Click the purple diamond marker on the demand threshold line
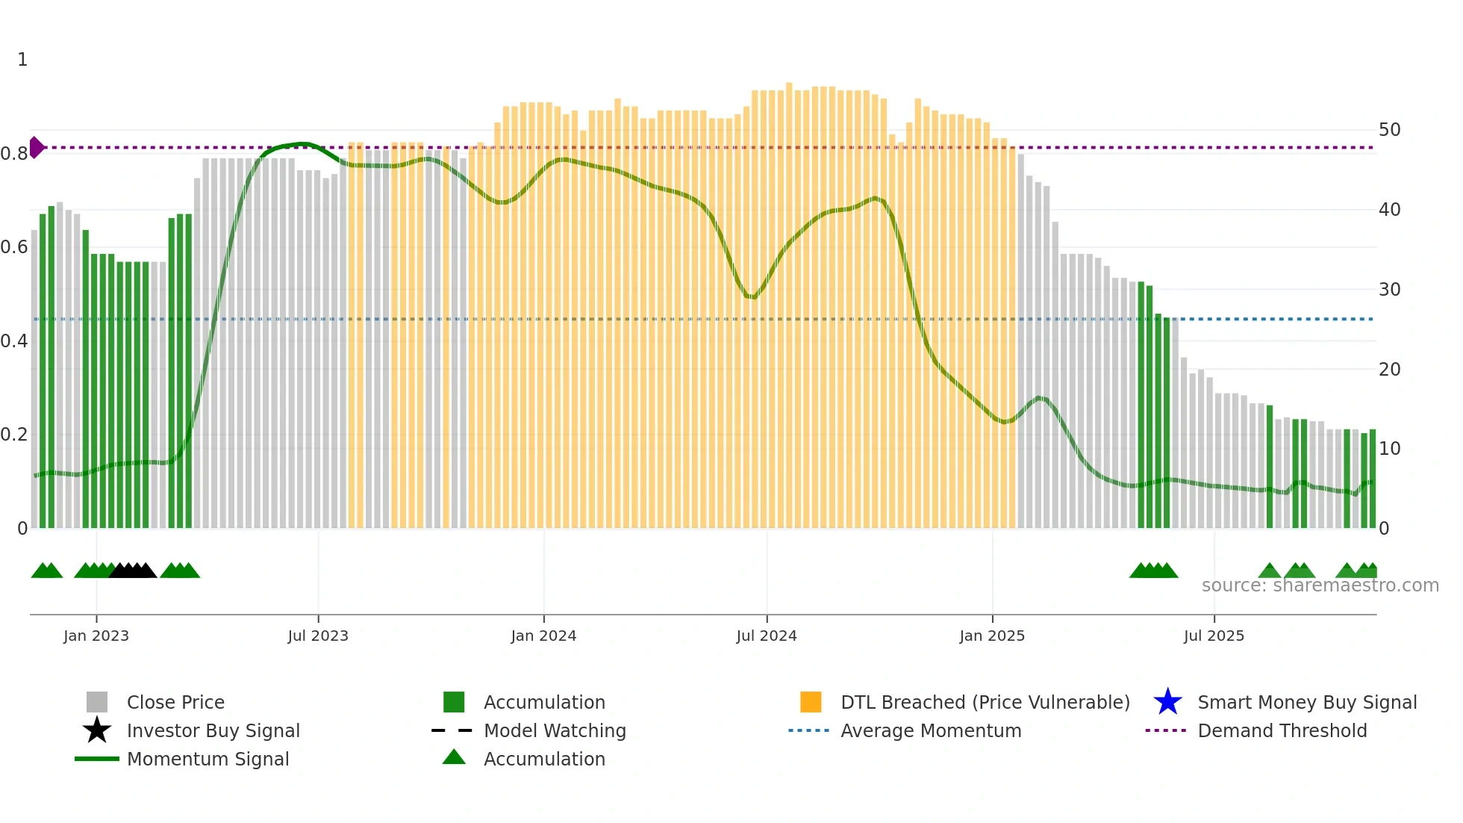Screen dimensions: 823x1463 point(36,147)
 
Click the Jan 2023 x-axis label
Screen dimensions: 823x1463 point(96,636)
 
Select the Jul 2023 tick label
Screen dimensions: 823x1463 point(318,636)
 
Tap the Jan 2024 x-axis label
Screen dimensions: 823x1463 point(543,636)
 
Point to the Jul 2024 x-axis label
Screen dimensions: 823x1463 point(767,636)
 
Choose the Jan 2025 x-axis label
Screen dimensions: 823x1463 point(992,636)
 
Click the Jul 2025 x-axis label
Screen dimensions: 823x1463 point(1214,636)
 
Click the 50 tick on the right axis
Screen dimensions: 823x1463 point(1389,130)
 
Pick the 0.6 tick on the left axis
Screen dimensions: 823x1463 point(14,247)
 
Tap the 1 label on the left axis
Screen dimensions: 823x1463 point(22,60)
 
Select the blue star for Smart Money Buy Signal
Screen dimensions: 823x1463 point(1167,702)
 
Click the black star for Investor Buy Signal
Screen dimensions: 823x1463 point(97,730)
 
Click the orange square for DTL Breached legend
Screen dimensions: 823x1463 point(811,702)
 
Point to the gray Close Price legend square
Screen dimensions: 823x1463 point(97,702)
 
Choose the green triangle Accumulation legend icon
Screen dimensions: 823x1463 point(454,757)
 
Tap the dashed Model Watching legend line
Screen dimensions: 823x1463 point(452,730)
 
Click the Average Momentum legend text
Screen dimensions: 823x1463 point(931,730)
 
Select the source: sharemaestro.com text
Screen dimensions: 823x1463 point(1320,586)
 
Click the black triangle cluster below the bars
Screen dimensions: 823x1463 point(133,571)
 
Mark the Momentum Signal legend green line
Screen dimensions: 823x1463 point(97,759)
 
